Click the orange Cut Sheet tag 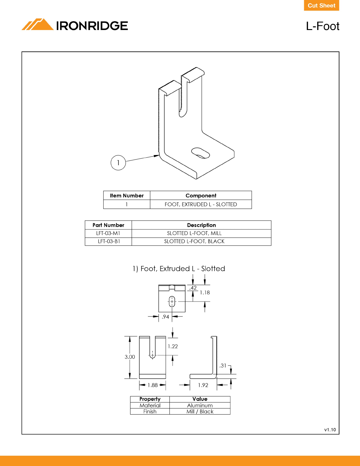point(321,6)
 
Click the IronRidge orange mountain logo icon point(37,24)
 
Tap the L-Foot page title point(322,26)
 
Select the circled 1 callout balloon point(118,163)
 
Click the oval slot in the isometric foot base point(200,153)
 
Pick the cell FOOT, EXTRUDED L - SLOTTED point(201,204)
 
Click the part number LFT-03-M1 point(108,233)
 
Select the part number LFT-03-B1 point(109,242)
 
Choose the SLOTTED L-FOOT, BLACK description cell point(194,242)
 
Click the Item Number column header point(127,196)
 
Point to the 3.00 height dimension point(130,357)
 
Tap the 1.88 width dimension point(153,385)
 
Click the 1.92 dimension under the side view point(203,385)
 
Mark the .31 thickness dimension point(223,366)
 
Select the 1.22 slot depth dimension point(173,347)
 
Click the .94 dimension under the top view point(166,317)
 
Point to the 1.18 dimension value point(205,293)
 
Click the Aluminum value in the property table point(200,405)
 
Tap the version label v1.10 point(330,430)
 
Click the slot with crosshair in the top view point(172,302)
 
